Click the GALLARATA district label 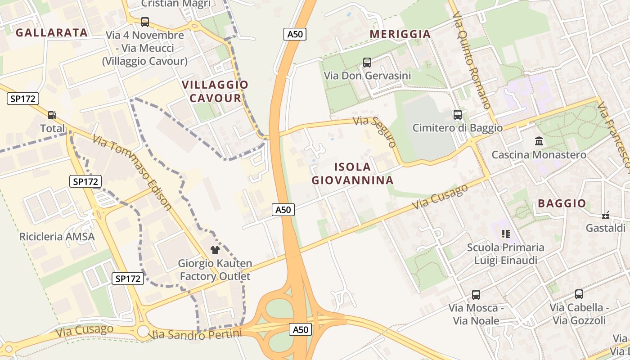point(52,32)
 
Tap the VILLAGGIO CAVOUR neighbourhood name point(215,91)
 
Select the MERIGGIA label point(400,34)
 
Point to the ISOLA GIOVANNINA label point(353,174)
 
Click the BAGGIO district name point(562,203)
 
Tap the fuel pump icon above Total point(52,115)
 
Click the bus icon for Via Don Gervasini point(367,63)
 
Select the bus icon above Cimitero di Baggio point(458,115)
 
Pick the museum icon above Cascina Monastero point(539,141)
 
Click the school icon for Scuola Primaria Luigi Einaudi point(506,234)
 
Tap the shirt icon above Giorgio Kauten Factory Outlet point(215,250)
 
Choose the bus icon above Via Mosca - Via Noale point(476,295)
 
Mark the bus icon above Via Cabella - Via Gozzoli point(579,294)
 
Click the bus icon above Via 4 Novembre point(145,22)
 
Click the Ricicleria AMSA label point(57,237)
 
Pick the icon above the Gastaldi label point(606,215)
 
